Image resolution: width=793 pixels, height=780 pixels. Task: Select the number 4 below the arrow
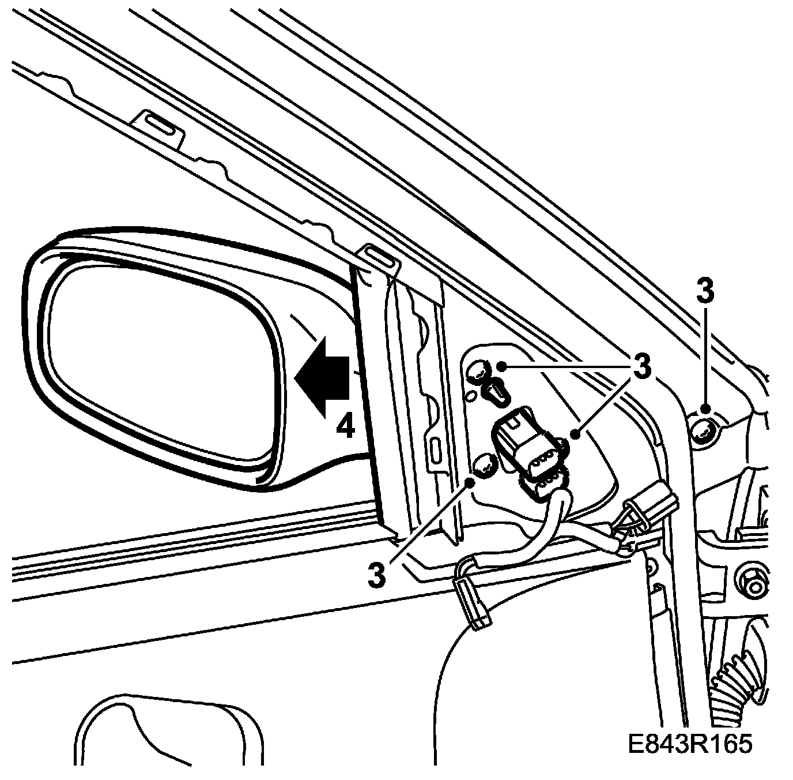(345, 427)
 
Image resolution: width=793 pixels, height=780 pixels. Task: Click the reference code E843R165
(690, 744)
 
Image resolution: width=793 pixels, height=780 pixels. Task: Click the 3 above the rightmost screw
(704, 292)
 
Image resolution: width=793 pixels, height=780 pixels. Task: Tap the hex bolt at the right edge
(754, 586)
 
